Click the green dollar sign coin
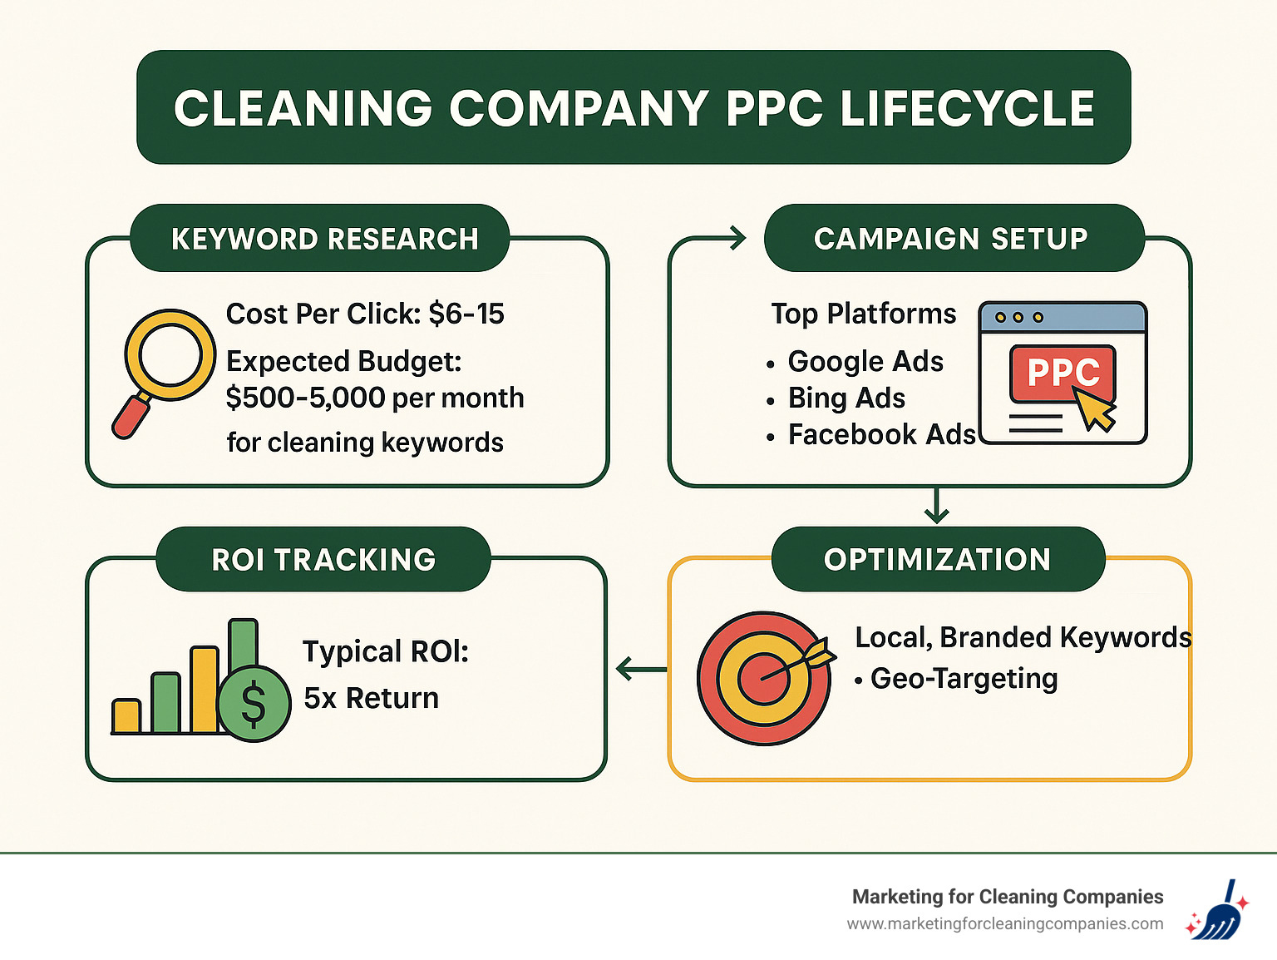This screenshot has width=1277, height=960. (x=254, y=704)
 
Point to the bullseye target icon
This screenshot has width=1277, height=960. (x=763, y=678)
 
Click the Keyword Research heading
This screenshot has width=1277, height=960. (x=324, y=239)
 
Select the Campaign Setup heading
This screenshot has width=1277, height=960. (x=950, y=239)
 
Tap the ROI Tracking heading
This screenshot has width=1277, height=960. (x=323, y=560)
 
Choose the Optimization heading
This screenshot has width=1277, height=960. (x=937, y=560)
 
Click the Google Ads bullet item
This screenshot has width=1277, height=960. (x=865, y=362)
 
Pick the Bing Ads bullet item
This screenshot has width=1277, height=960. (x=846, y=398)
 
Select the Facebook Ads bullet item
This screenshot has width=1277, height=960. (x=881, y=435)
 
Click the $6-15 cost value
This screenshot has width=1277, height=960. (x=466, y=314)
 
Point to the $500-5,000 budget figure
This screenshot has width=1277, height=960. (x=305, y=398)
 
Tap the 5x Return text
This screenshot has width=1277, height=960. (x=371, y=698)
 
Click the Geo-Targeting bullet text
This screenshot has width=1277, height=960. (x=963, y=679)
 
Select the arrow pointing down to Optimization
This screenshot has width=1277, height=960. (x=937, y=507)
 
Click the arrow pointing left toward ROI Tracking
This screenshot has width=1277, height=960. (x=640, y=669)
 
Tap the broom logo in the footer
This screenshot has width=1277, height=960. (x=1216, y=910)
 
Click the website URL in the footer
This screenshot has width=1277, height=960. (x=1004, y=924)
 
